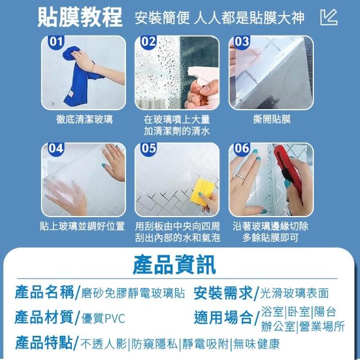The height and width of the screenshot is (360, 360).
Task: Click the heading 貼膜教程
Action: [80, 17]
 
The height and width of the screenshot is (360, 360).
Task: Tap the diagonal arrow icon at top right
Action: [328, 17]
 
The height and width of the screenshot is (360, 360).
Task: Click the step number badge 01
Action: [56, 41]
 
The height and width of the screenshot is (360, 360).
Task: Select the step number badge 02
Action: [149, 41]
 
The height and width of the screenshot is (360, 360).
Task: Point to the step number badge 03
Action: [242, 41]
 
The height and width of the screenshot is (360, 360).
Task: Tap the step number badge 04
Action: [56, 148]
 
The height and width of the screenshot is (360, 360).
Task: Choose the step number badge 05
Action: [149, 148]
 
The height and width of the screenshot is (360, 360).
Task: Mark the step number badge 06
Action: [242, 148]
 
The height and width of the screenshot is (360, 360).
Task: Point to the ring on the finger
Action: [240, 177]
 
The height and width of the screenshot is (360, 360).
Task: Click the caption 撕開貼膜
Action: [272, 119]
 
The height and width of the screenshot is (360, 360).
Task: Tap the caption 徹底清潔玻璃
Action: [84, 119]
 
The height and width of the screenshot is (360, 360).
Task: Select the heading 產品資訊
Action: [174, 265]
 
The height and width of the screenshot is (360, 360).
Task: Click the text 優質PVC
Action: [103, 318]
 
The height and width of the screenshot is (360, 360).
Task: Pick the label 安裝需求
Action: [223, 293]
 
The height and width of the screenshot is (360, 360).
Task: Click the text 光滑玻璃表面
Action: [294, 293]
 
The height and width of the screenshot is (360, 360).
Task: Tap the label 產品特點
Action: [44, 343]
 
